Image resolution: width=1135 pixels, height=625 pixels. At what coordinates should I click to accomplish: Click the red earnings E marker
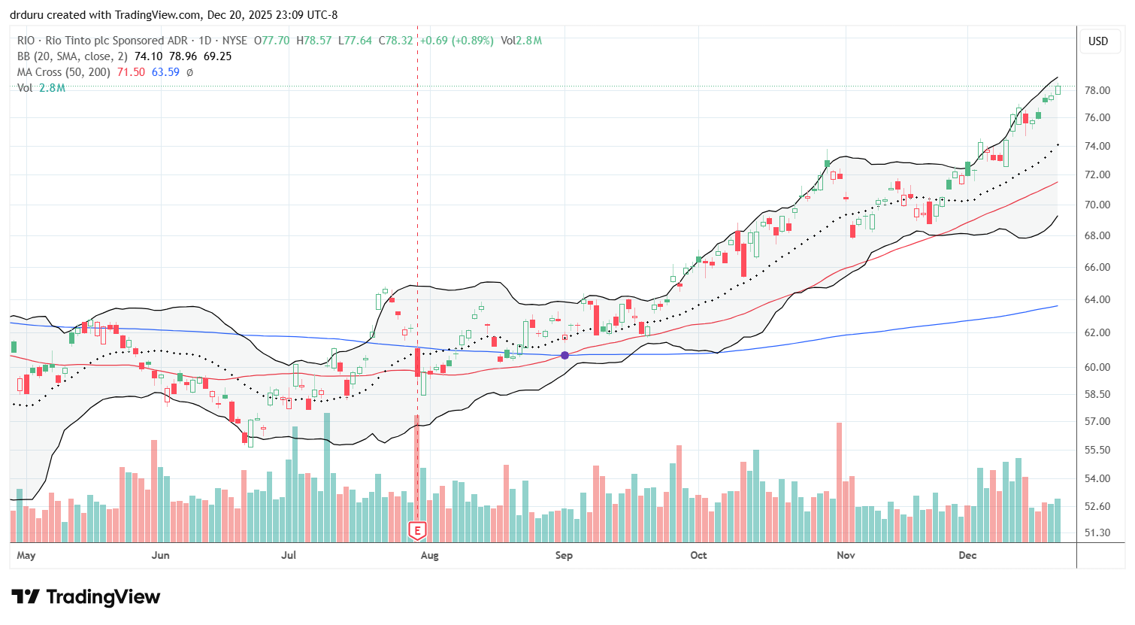tap(417, 530)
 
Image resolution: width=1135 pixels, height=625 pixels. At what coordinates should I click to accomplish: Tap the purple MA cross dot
tap(564, 355)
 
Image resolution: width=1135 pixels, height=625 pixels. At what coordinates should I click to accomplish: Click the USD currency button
tap(1098, 41)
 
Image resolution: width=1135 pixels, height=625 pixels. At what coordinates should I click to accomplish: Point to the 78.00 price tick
tap(1098, 90)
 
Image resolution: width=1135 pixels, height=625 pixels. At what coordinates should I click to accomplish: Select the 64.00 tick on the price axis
tap(1098, 299)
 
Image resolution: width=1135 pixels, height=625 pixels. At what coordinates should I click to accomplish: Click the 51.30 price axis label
tap(1098, 532)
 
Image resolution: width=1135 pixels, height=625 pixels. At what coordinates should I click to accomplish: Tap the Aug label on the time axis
tap(429, 555)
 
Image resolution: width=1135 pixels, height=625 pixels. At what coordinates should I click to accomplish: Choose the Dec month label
tap(967, 555)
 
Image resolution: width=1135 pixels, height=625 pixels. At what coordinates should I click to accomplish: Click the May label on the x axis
tap(26, 555)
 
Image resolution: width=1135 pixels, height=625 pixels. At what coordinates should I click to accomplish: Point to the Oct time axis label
tap(698, 555)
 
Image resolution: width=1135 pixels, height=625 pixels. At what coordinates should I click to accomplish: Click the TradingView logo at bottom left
tap(86, 597)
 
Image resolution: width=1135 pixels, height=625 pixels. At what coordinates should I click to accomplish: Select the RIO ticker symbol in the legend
tap(26, 41)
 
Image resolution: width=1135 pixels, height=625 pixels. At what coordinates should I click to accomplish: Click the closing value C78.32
tap(397, 41)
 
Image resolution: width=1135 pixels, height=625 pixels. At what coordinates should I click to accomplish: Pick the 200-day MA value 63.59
tap(165, 72)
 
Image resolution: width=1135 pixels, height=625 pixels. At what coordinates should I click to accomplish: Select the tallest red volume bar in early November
tap(839, 481)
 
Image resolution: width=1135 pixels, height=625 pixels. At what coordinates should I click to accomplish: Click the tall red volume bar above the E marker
tap(417, 466)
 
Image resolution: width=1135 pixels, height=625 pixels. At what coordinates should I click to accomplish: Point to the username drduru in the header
tap(27, 14)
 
